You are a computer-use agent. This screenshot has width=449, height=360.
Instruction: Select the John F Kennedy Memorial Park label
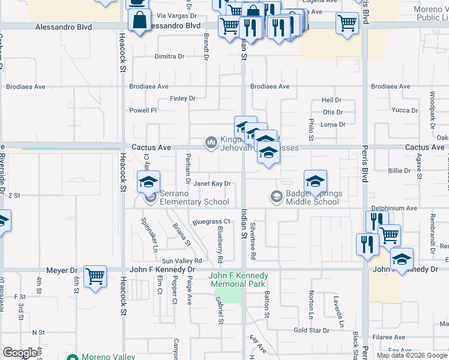[x=238, y=280]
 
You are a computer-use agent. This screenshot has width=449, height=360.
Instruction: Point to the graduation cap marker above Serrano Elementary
[x=149, y=181]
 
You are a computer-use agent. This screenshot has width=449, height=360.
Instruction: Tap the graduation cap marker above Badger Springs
[x=315, y=181]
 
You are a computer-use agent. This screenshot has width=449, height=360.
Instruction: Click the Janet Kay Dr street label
[x=211, y=184]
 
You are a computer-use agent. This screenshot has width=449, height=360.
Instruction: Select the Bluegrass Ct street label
[x=211, y=222]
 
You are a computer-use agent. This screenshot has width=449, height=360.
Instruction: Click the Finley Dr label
[x=182, y=98]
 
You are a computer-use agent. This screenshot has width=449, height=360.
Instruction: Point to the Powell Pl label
[x=143, y=110]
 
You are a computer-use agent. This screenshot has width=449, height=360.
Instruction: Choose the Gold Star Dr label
[x=312, y=331]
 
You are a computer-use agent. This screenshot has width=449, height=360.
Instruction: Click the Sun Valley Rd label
[x=181, y=261]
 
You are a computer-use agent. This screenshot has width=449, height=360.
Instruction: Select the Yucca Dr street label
[x=404, y=110]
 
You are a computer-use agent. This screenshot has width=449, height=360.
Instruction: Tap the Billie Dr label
[x=399, y=171]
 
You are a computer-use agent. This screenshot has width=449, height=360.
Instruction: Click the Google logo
[x=20, y=353]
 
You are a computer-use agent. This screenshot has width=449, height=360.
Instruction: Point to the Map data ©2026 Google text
[x=412, y=355]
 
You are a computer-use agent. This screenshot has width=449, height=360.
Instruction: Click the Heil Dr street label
[x=331, y=100]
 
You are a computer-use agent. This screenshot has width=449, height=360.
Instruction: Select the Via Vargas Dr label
[x=177, y=16]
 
